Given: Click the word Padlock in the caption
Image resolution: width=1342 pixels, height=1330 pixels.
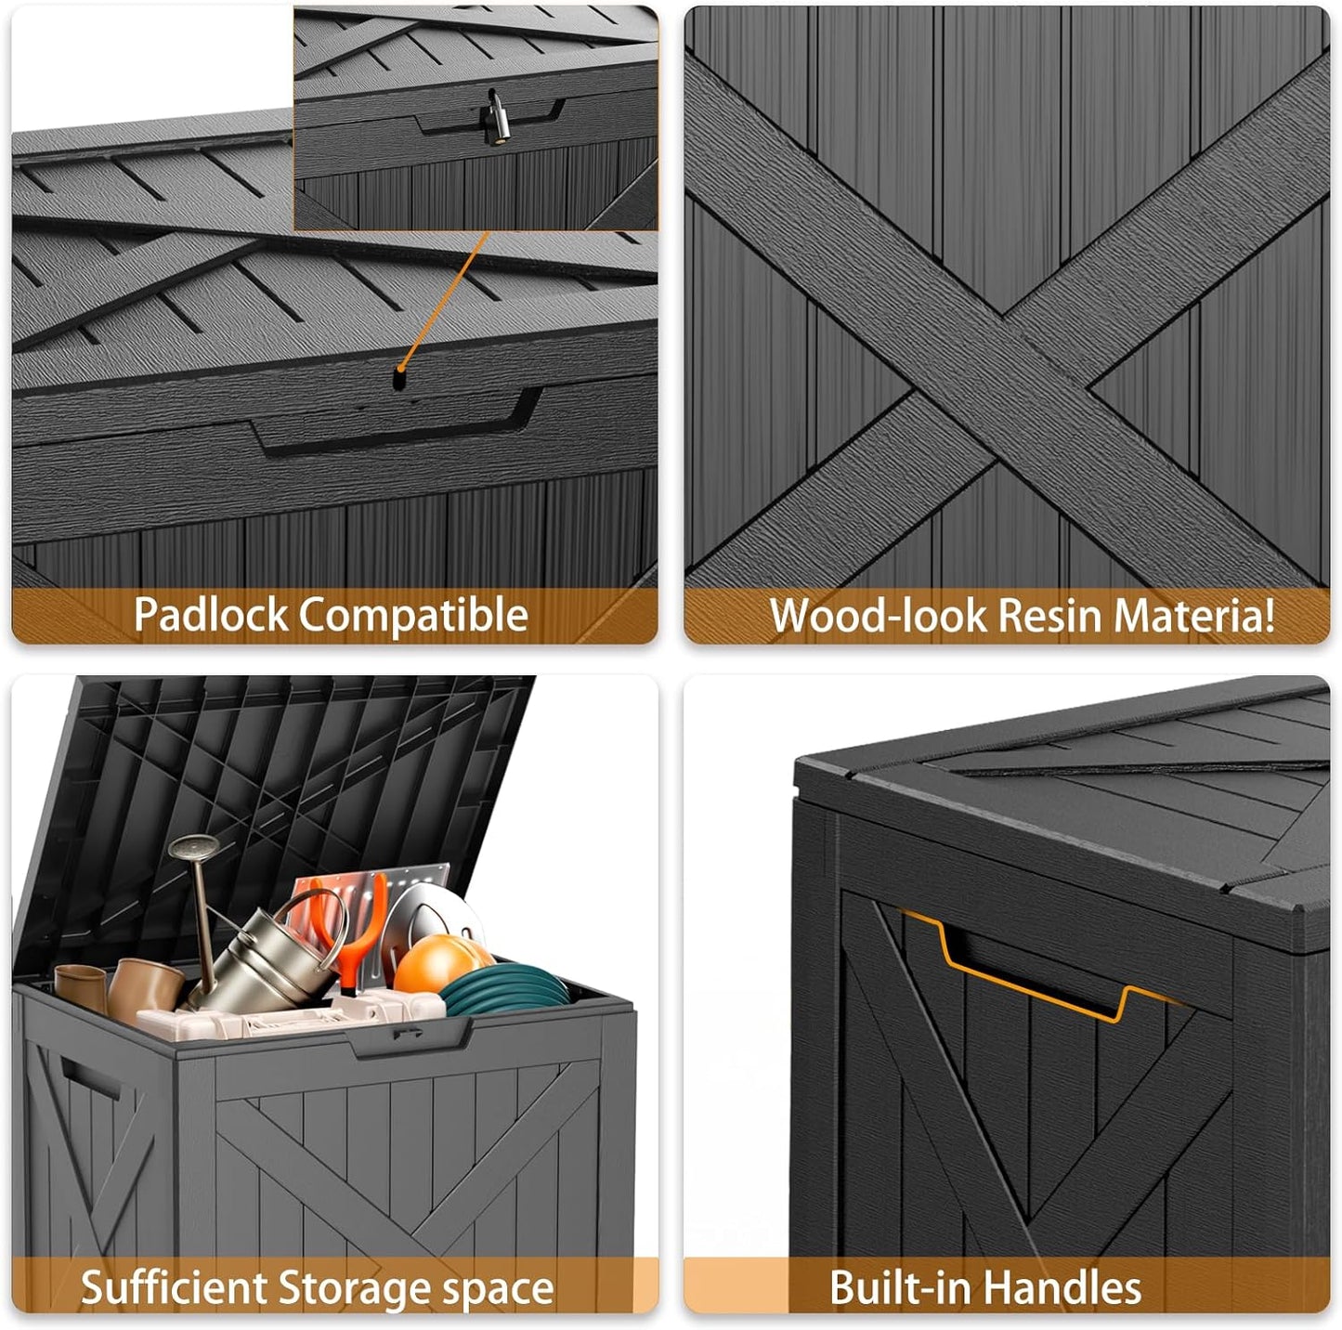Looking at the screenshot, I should (x=211, y=615).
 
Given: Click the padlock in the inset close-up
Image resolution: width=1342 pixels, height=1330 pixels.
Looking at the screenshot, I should (x=493, y=118).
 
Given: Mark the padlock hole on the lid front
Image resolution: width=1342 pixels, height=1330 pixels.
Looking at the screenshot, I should (x=400, y=378).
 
